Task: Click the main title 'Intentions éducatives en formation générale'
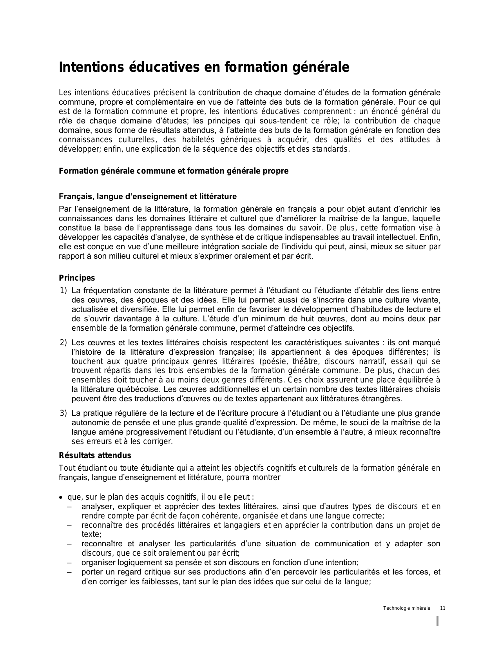pyautogui.click(x=204, y=67)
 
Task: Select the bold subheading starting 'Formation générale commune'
pyautogui.click(x=173, y=171)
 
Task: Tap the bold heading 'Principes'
pyautogui.click(x=77, y=278)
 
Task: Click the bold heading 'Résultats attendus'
pyautogui.click(x=95, y=455)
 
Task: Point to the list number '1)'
pyautogui.click(x=63, y=290)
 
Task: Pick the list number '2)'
pyautogui.click(x=63, y=343)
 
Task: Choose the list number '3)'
pyautogui.click(x=63, y=413)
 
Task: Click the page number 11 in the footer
pyautogui.click(x=443, y=608)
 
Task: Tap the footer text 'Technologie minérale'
pyautogui.click(x=406, y=608)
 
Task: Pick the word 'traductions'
pyautogui.click(x=154, y=399)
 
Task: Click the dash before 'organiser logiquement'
pyautogui.click(x=69, y=563)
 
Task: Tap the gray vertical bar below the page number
pyautogui.click(x=437, y=622)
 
